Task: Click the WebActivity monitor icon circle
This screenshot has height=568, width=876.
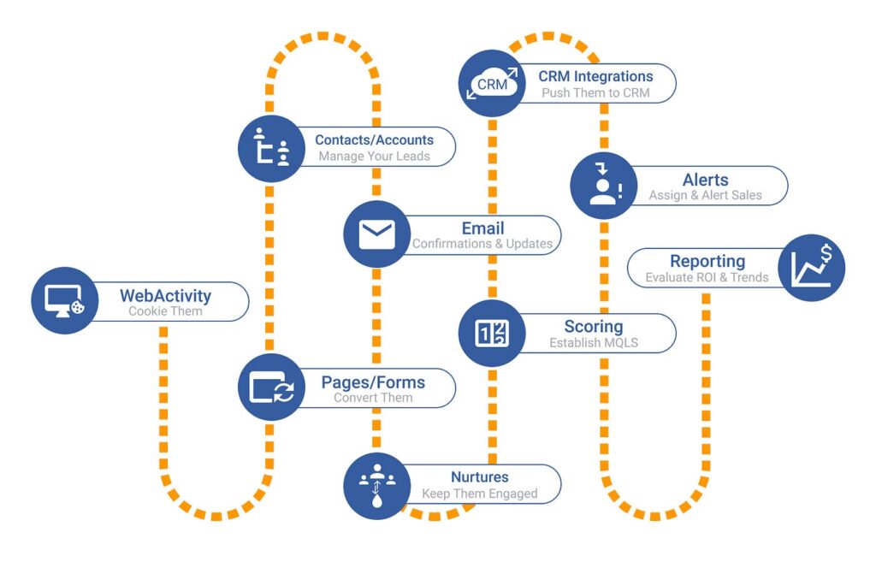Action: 65,301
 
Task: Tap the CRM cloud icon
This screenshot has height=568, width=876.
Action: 493,84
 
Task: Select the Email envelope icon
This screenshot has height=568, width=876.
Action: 376,234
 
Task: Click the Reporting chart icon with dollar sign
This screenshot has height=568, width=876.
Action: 811,268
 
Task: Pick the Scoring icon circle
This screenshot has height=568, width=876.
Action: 492,333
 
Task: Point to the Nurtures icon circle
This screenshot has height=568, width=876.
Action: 376,485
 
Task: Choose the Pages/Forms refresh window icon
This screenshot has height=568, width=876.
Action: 271,387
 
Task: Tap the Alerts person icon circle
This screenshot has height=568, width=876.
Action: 603,186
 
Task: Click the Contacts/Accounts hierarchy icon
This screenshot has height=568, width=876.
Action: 271,148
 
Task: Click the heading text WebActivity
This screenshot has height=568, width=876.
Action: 165,296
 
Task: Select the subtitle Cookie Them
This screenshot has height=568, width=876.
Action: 165,311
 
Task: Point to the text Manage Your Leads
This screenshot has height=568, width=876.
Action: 374,157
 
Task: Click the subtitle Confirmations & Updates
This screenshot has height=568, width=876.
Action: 482,244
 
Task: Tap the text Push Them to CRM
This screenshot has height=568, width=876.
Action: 595,92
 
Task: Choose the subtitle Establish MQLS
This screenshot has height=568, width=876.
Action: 593,343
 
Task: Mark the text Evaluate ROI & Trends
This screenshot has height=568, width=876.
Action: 707,277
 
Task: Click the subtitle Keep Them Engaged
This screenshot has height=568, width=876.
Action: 479,494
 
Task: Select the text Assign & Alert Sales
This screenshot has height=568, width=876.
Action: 705,195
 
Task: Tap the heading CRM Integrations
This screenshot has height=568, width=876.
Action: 595,76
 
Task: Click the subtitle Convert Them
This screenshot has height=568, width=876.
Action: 373,398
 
